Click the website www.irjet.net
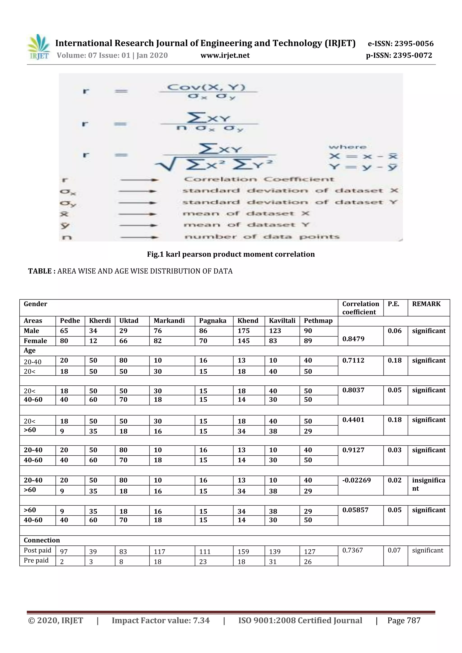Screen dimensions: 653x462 (x=225, y=55)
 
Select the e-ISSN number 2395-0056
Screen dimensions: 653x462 (x=400, y=44)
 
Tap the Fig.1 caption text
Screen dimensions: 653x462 (x=231, y=254)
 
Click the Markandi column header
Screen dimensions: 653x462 (x=169, y=321)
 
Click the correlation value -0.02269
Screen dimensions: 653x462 (x=356, y=480)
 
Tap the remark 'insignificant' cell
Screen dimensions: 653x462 (x=428, y=484)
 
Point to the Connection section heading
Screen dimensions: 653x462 (x=42, y=540)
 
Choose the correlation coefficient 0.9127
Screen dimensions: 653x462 (x=353, y=450)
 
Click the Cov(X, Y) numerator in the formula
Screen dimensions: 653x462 (x=206, y=87)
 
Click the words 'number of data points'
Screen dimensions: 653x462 (x=262, y=237)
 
